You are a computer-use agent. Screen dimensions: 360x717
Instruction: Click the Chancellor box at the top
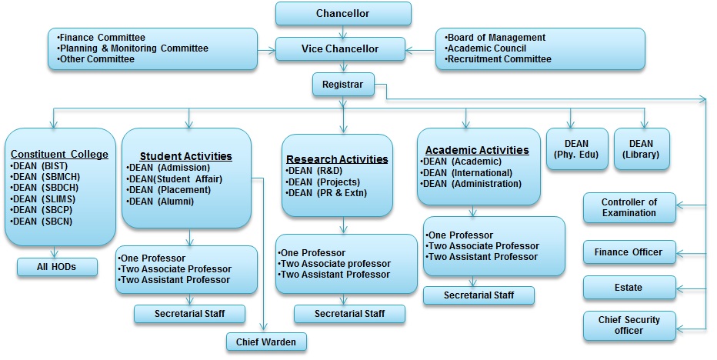[x=342, y=14]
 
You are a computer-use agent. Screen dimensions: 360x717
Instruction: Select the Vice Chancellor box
[x=339, y=48]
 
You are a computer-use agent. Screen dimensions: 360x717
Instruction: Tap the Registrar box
[x=343, y=84]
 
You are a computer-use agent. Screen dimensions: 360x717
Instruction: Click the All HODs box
[x=58, y=267]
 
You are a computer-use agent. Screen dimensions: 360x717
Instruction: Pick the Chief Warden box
[x=266, y=341]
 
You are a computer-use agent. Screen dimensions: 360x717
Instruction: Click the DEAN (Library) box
[x=641, y=149]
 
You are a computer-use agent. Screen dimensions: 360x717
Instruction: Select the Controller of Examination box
[x=630, y=208]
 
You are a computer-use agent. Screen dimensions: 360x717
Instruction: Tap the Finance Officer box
[x=629, y=252]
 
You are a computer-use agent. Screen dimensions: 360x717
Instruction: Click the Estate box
[x=629, y=288]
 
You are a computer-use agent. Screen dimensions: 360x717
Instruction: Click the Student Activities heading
[x=185, y=156]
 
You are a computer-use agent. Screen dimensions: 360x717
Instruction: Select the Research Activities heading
[x=337, y=159]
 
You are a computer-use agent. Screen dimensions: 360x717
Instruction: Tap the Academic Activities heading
[x=477, y=150]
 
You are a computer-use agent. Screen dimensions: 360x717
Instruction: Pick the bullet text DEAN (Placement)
[x=171, y=190]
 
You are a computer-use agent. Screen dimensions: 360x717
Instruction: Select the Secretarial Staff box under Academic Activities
[x=479, y=295]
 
